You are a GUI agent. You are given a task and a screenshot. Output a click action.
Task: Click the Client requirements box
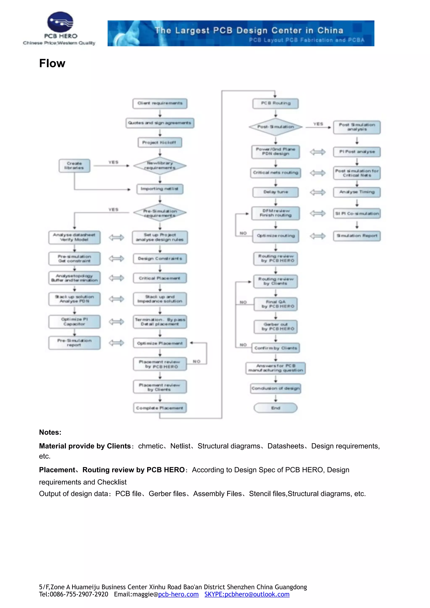point(160,103)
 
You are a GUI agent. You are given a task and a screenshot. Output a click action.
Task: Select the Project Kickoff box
point(160,142)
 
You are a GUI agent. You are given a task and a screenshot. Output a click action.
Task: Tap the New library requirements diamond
point(160,166)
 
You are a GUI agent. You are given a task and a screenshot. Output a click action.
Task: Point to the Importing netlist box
point(160,189)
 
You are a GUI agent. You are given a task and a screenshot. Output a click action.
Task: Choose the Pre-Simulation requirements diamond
point(160,213)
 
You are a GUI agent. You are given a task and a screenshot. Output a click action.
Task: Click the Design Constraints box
point(160,258)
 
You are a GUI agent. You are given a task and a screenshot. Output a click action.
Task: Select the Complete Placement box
point(160,408)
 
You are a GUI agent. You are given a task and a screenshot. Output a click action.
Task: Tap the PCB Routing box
point(275,103)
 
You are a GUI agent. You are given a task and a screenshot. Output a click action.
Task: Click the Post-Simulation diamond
point(275,127)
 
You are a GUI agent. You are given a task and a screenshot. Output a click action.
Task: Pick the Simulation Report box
point(357,236)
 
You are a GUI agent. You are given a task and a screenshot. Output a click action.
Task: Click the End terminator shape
point(275,408)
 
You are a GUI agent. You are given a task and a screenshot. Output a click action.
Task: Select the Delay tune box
point(275,192)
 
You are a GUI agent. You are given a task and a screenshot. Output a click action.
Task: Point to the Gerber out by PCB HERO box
point(275,326)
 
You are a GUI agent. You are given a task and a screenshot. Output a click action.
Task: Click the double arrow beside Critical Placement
point(117,278)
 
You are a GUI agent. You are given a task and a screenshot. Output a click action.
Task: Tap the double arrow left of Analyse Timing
point(318,192)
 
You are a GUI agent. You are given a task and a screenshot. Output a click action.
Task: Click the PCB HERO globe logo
point(60,22)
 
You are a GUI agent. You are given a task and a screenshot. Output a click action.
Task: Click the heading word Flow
point(52,64)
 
